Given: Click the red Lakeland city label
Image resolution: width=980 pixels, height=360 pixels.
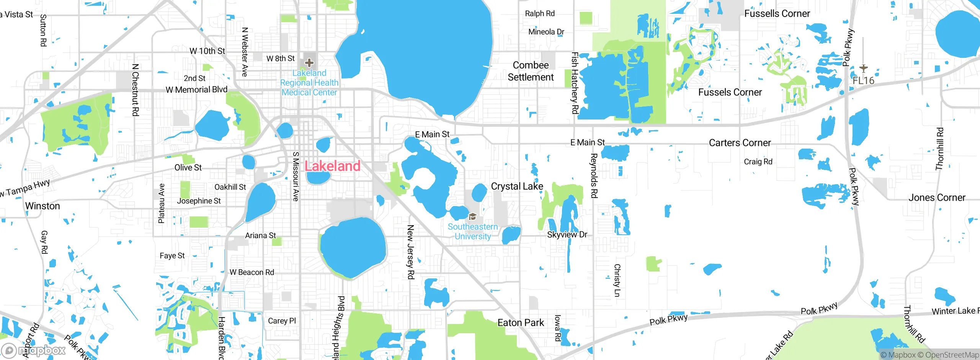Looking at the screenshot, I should point(332,166).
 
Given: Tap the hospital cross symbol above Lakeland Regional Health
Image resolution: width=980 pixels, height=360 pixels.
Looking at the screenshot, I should point(309,62).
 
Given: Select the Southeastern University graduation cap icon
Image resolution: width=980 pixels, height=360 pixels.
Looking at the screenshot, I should point(473,217).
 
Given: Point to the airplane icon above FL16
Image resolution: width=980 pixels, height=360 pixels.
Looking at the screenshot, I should point(863,68).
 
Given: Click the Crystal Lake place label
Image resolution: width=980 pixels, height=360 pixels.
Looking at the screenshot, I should point(517,187).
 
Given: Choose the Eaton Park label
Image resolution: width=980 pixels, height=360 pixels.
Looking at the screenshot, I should point(521,323).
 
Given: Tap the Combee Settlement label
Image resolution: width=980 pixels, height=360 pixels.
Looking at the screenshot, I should point(531,71).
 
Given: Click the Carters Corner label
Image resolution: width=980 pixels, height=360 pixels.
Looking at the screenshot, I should point(740,143).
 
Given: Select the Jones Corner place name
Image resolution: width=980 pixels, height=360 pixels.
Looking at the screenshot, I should point(937,198).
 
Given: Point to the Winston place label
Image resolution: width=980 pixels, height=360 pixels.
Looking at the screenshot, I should point(42,206).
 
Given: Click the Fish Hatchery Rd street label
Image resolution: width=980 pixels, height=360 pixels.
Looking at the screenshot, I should point(575,83).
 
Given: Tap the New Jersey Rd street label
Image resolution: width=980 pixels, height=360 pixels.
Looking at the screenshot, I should point(410,252).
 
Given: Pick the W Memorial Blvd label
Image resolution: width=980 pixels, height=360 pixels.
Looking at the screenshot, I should point(196,90).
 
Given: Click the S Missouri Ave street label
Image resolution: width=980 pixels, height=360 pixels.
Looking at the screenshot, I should point(296,177).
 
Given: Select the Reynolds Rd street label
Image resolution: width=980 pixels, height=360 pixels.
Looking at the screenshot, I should point(594,176).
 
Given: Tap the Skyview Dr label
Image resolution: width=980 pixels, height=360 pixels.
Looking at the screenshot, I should point(567,235).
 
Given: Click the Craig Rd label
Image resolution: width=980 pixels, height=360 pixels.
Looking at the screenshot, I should point(758,162).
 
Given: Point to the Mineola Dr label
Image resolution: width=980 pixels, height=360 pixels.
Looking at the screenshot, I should point(546,32).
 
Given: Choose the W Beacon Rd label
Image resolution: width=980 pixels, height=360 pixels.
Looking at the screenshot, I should point(252,272).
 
